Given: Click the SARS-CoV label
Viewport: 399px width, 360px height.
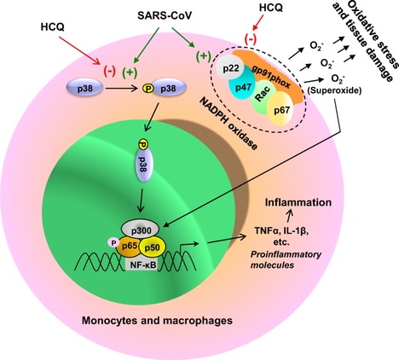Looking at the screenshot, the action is pyautogui.click(x=165, y=15).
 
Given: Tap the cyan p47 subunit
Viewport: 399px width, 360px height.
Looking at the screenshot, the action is pyautogui.click(x=241, y=85).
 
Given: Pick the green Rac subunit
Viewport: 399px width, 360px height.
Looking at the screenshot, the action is pyautogui.click(x=263, y=96).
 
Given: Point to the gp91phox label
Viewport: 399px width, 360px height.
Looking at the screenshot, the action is pyautogui.click(x=271, y=76).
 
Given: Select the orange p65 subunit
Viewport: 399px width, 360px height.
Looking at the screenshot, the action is pyautogui.click(x=129, y=246).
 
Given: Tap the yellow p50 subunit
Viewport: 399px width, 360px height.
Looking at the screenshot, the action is pyautogui.click(x=153, y=247).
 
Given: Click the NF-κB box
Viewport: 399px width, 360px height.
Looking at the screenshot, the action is pyautogui.click(x=142, y=264).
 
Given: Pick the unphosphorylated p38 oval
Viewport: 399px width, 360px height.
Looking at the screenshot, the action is pyautogui.click(x=84, y=88).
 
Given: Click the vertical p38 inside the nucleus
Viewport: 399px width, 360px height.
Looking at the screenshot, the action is pyautogui.click(x=144, y=166).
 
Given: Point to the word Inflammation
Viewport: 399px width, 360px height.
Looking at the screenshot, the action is pyautogui.click(x=298, y=202).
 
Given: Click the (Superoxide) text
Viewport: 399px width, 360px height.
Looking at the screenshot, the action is pyautogui.click(x=334, y=90).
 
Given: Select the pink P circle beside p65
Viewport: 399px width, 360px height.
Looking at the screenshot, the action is pyautogui.click(x=113, y=242).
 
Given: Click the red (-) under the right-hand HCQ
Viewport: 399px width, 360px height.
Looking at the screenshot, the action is pyautogui.click(x=251, y=39).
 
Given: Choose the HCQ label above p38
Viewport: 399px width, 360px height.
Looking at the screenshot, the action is pyautogui.click(x=53, y=26).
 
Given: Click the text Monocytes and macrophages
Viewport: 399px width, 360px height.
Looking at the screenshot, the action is pyautogui.click(x=157, y=321).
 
